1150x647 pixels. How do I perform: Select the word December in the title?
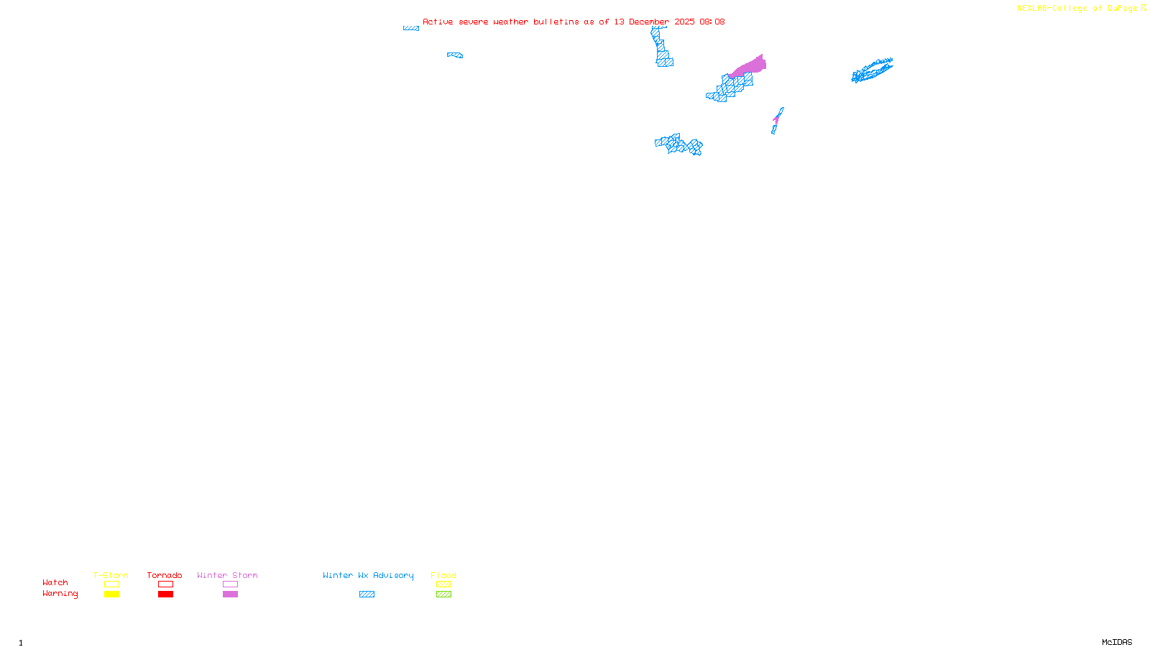[x=649, y=22]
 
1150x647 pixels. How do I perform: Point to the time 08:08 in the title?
[x=712, y=22]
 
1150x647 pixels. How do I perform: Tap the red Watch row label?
[x=55, y=583]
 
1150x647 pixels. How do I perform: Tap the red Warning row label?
[x=60, y=594]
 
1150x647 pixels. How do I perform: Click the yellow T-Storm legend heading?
[x=111, y=575]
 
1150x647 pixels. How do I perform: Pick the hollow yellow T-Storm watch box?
[x=111, y=584]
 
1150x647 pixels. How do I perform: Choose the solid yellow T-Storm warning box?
[x=111, y=595]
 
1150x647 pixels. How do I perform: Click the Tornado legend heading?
[x=165, y=575]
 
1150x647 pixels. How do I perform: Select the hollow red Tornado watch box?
[x=165, y=584]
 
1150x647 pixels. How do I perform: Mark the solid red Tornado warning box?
[x=165, y=595]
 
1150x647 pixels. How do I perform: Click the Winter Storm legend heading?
[x=227, y=575]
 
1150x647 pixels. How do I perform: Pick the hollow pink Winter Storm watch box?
[x=230, y=584]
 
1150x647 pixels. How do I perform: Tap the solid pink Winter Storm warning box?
[x=230, y=595]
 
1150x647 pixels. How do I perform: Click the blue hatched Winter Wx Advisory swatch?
[x=367, y=595]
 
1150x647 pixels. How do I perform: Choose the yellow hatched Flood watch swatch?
[x=443, y=584]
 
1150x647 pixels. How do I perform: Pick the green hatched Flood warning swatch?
[x=443, y=595]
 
